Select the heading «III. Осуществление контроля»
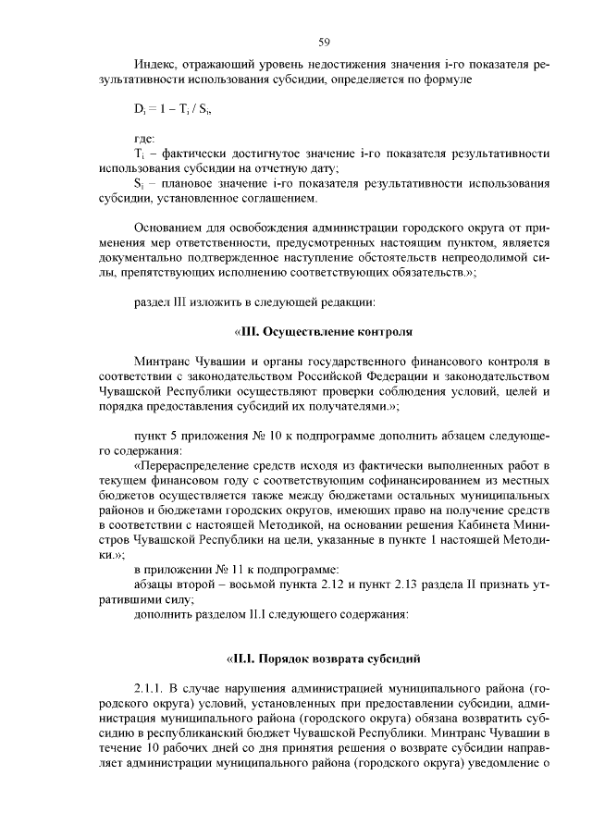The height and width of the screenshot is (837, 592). coord(323,330)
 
